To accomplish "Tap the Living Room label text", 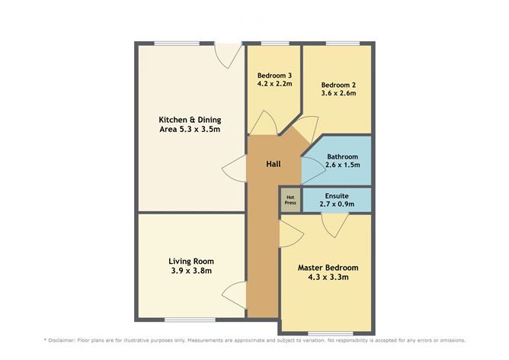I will [x=190, y=261].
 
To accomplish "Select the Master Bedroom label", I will [x=328, y=268].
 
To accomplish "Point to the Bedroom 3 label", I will [x=274, y=75].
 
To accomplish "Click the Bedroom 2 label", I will [x=338, y=84].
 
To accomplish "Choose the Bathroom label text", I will [x=342, y=156].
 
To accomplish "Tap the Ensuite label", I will [x=337, y=196].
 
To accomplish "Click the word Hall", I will [x=274, y=165].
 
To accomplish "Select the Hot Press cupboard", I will [x=290, y=201].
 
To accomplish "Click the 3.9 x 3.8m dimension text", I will [x=190, y=271].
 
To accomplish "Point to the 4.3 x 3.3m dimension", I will [x=328, y=278].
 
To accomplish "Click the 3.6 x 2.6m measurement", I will [x=338, y=93].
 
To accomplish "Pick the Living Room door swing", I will [x=235, y=294].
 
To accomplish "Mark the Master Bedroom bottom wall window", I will [x=330, y=333].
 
